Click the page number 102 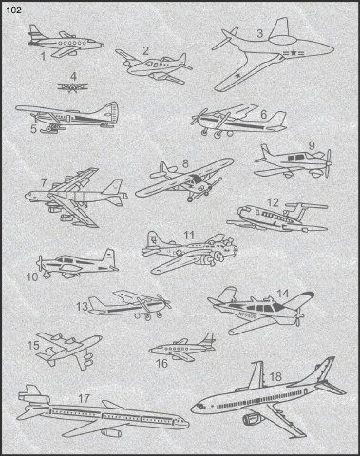(14, 10)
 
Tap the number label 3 (259, 33)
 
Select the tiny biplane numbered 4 (72, 86)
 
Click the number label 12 (273, 202)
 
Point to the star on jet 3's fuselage (294, 53)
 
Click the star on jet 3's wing (237, 76)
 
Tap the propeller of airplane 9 (329, 163)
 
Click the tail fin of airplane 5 (110, 112)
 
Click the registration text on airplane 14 (247, 315)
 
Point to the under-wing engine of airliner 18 (254, 420)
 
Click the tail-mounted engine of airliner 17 (34, 398)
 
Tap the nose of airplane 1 (102, 46)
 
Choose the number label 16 (161, 363)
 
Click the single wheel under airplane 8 (190, 199)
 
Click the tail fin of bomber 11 (153, 239)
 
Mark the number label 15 (33, 345)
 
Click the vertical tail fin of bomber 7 (113, 186)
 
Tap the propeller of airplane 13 (164, 302)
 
